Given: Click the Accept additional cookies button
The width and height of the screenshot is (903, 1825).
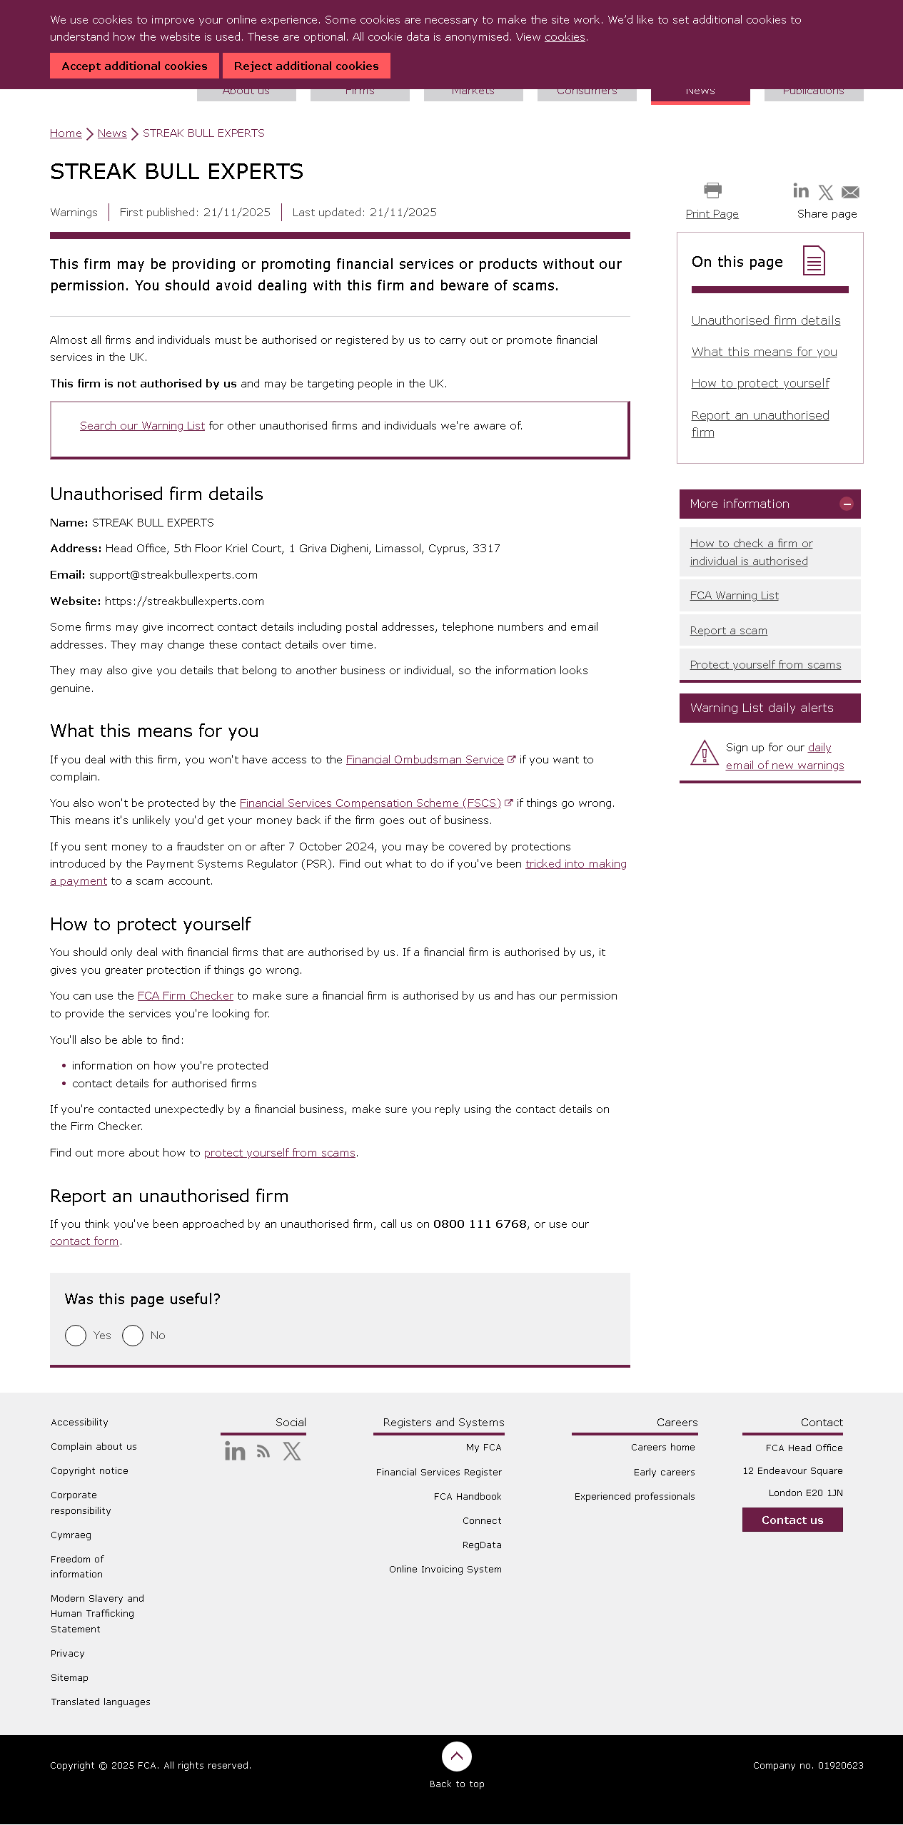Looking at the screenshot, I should point(134,66).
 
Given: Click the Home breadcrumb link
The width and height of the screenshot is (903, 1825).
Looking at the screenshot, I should point(66,133).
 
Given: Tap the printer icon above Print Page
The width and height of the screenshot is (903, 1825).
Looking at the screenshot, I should point(712,190).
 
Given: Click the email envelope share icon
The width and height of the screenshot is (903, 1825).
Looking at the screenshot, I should point(850,192).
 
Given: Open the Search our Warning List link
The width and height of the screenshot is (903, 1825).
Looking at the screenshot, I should point(142,426).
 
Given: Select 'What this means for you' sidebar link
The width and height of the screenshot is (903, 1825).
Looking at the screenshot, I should point(764,352).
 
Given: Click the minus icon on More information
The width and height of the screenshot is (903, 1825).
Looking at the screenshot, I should point(847,504).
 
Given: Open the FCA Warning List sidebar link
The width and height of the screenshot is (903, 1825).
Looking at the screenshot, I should point(734,596).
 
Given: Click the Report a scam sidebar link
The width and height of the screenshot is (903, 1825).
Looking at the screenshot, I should point(728,631).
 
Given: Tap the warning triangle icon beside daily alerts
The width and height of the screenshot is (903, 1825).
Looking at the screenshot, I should point(705,753).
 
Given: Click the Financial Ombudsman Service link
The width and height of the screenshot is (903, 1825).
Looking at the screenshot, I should point(425,760).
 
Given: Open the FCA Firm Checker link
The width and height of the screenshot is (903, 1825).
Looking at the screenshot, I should point(185,996).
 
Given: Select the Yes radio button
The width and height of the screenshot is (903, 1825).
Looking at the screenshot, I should point(76,1336).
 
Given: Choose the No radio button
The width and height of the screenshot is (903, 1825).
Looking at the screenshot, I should point(133,1336).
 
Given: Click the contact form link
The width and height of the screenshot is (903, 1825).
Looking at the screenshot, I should point(84,1241).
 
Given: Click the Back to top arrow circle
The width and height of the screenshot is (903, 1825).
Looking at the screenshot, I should point(457,1757).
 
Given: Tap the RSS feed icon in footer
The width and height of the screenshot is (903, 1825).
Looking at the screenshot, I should point(263,1451).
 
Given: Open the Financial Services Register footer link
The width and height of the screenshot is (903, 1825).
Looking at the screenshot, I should point(438,1472).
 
